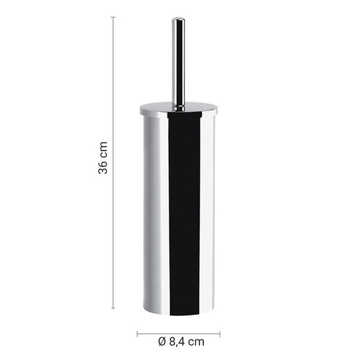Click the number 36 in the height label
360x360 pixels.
(103, 166)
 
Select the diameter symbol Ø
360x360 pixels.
(162, 342)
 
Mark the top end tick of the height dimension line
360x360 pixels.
(113, 17)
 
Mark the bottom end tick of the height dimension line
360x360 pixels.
(113, 308)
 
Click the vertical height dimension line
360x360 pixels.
(113, 163)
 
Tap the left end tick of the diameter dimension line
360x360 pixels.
(137, 334)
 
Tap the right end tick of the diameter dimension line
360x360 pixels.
(220, 334)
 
